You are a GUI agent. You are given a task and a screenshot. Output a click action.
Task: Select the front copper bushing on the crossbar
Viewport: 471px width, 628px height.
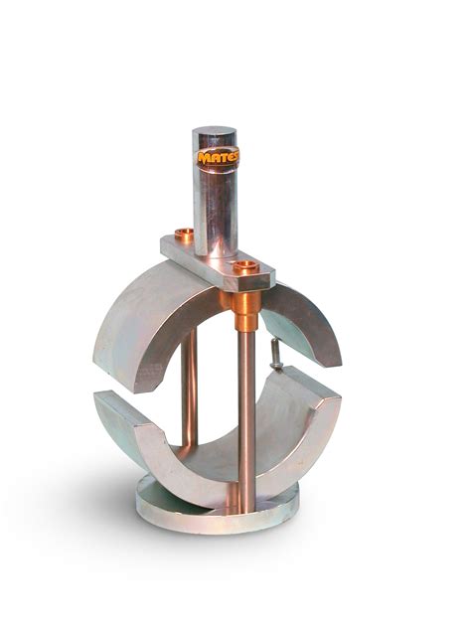(x=244, y=266)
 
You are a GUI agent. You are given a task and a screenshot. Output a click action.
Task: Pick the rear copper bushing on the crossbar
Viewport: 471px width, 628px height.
(x=184, y=235)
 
